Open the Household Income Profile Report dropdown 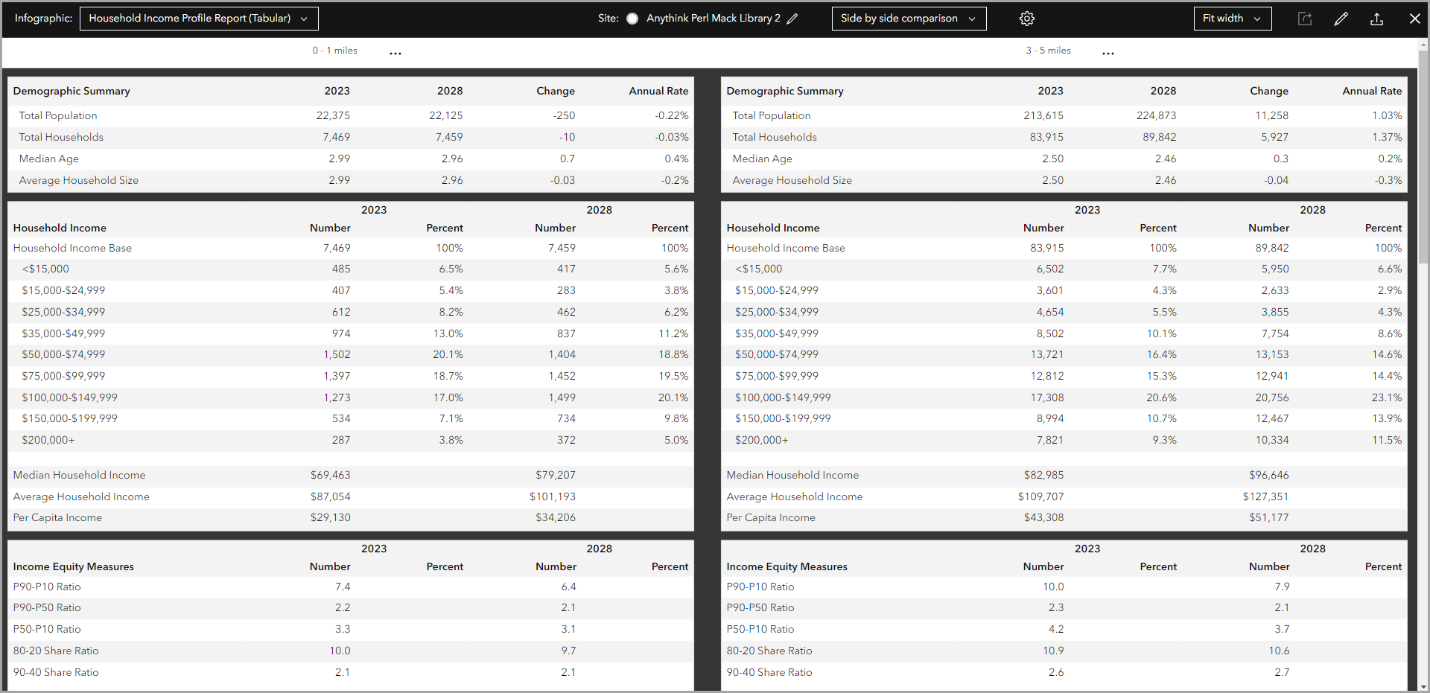198,19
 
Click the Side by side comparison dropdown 908,19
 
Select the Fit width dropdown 1232,19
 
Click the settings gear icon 1027,19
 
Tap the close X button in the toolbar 1414,19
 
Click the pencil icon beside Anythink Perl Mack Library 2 792,19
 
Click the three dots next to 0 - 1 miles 395,53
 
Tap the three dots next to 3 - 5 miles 1108,53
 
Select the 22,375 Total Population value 333,115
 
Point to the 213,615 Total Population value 1043,115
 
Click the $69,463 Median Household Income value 330,475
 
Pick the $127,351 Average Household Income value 1265,496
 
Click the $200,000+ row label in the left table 48,440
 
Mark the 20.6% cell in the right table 1161,397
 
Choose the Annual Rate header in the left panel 658,91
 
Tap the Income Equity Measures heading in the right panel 786,566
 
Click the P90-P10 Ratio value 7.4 343,587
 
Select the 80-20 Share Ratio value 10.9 1053,651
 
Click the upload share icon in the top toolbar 1376,19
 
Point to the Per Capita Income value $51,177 1268,517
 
